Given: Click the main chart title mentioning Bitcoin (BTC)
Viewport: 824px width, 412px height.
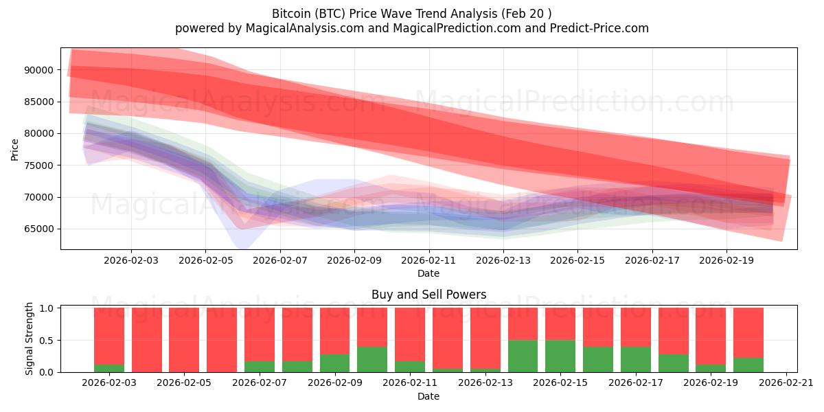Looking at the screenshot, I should pyautogui.click(x=411, y=14).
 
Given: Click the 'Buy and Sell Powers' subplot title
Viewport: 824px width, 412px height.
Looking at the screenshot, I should pyautogui.click(x=428, y=295).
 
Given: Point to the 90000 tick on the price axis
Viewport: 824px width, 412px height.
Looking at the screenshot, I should pyautogui.click(x=38, y=70).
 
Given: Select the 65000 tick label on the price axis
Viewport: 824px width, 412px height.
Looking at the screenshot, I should pyautogui.click(x=38, y=229).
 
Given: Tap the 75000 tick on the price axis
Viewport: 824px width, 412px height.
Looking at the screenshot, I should pyautogui.click(x=38, y=165).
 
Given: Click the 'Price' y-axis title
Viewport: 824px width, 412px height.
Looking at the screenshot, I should pyautogui.click(x=15, y=149).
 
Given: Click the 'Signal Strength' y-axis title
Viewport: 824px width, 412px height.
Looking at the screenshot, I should pyautogui.click(x=30, y=339).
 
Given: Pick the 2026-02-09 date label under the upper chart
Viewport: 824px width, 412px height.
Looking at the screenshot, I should pyautogui.click(x=354, y=261).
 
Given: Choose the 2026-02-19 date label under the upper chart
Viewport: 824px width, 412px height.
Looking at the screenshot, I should pyautogui.click(x=726, y=261).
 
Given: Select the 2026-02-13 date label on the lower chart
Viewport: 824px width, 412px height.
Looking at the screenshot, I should pyautogui.click(x=485, y=383).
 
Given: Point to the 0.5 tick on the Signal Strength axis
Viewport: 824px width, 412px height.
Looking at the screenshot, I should pyautogui.click(x=47, y=341).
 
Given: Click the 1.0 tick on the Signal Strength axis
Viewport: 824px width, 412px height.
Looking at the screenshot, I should pyautogui.click(x=47, y=308).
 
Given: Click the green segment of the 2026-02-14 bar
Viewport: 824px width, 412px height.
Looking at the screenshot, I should pyautogui.click(x=523, y=356).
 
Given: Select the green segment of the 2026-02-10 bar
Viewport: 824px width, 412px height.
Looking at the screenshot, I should pyautogui.click(x=372, y=359).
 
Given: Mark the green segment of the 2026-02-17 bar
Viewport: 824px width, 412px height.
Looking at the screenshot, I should pyautogui.click(x=635, y=359).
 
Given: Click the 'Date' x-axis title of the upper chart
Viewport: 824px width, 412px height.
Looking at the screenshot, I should pyautogui.click(x=428, y=274).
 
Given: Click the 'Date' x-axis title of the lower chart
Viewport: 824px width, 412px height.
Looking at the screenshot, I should pyautogui.click(x=428, y=396).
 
